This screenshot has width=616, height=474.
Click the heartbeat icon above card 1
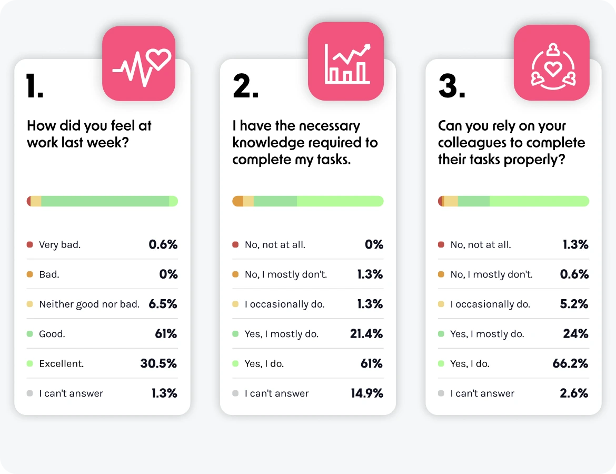pyautogui.click(x=138, y=64)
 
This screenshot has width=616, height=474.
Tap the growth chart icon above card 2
pyautogui.click(x=346, y=62)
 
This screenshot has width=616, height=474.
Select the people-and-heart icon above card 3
pyautogui.click(x=551, y=63)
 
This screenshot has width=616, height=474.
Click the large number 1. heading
pyautogui.click(x=35, y=86)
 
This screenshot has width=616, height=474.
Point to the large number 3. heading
pyautogui.click(x=452, y=86)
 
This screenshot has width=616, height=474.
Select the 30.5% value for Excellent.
pyautogui.click(x=158, y=363)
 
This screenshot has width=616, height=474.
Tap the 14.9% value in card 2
pyautogui.click(x=366, y=393)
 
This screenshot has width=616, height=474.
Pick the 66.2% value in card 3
pyautogui.click(x=571, y=363)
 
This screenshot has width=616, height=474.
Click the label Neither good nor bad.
pyautogui.click(x=89, y=304)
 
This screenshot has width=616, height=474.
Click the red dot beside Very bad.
pyautogui.click(x=30, y=245)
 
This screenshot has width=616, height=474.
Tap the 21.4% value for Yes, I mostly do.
pyautogui.click(x=366, y=334)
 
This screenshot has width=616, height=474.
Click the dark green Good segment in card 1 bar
pyautogui.click(x=105, y=201)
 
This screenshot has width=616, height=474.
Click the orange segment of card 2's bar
pyautogui.click(x=238, y=201)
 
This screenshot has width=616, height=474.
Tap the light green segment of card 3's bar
pyautogui.click(x=539, y=201)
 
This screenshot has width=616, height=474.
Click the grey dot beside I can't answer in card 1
pyautogui.click(x=30, y=393)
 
